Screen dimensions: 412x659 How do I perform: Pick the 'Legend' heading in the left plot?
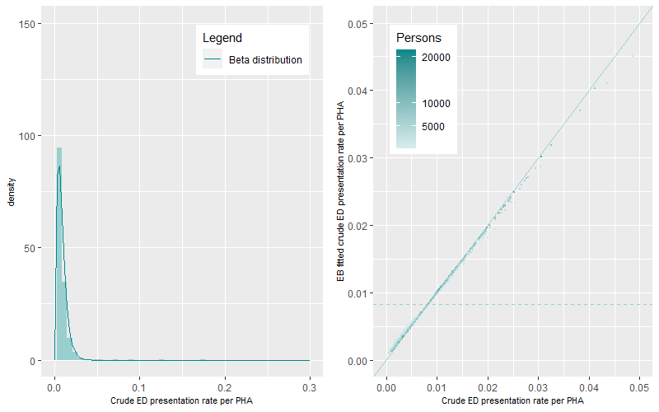222,39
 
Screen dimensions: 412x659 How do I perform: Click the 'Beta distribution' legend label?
264,60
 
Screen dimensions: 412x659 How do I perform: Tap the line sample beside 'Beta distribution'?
213,60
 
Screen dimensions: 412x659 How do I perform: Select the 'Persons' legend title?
418,39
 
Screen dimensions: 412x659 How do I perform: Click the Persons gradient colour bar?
405,99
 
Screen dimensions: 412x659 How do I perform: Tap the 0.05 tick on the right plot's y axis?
357,24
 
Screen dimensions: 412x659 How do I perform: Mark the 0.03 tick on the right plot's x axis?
539,386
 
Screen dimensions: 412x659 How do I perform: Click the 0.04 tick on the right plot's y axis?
357,91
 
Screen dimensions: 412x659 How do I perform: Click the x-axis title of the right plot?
512,400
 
